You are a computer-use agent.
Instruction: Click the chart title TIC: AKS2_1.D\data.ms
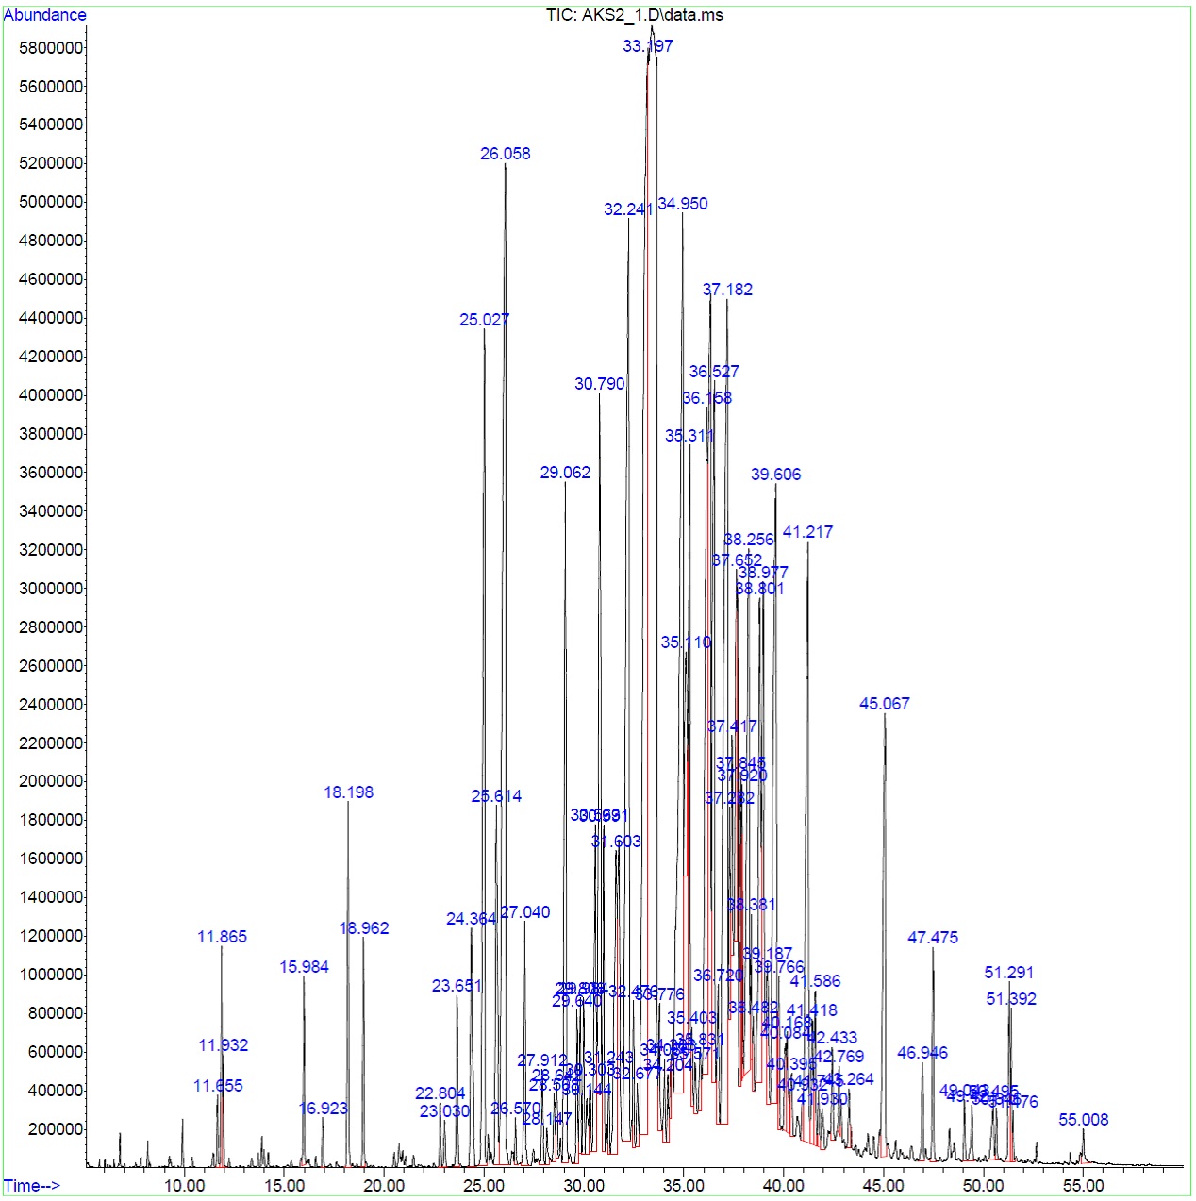pyautogui.click(x=634, y=15)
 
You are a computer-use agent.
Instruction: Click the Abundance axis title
pyautogui.click(x=44, y=15)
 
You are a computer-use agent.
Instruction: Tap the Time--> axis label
pyautogui.click(x=31, y=1186)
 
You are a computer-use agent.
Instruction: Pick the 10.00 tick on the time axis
pyautogui.click(x=184, y=1186)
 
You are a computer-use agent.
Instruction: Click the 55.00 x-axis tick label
pyautogui.click(x=1083, y=1186)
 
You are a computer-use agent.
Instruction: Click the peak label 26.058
pyautogui.click(x=505, y=154)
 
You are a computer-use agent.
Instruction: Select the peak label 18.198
pyautogui.click(x=348, y=792)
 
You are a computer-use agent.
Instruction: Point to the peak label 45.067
pyautogui.click(x=884, y=704)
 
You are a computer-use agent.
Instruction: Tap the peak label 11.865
pyautogui.click(x=222, y=937)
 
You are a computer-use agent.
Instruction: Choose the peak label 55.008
pyautogui.click(x=1083, y=1120)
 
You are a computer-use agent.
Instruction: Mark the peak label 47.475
pyautogui.click(x=932, y=938)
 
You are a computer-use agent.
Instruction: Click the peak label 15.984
pyautogui.click(x=304, y=967)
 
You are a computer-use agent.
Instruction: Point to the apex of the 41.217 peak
pyautogui.click(x=807, y=542)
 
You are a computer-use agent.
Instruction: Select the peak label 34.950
pyautogui.click(x=682, y=204)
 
